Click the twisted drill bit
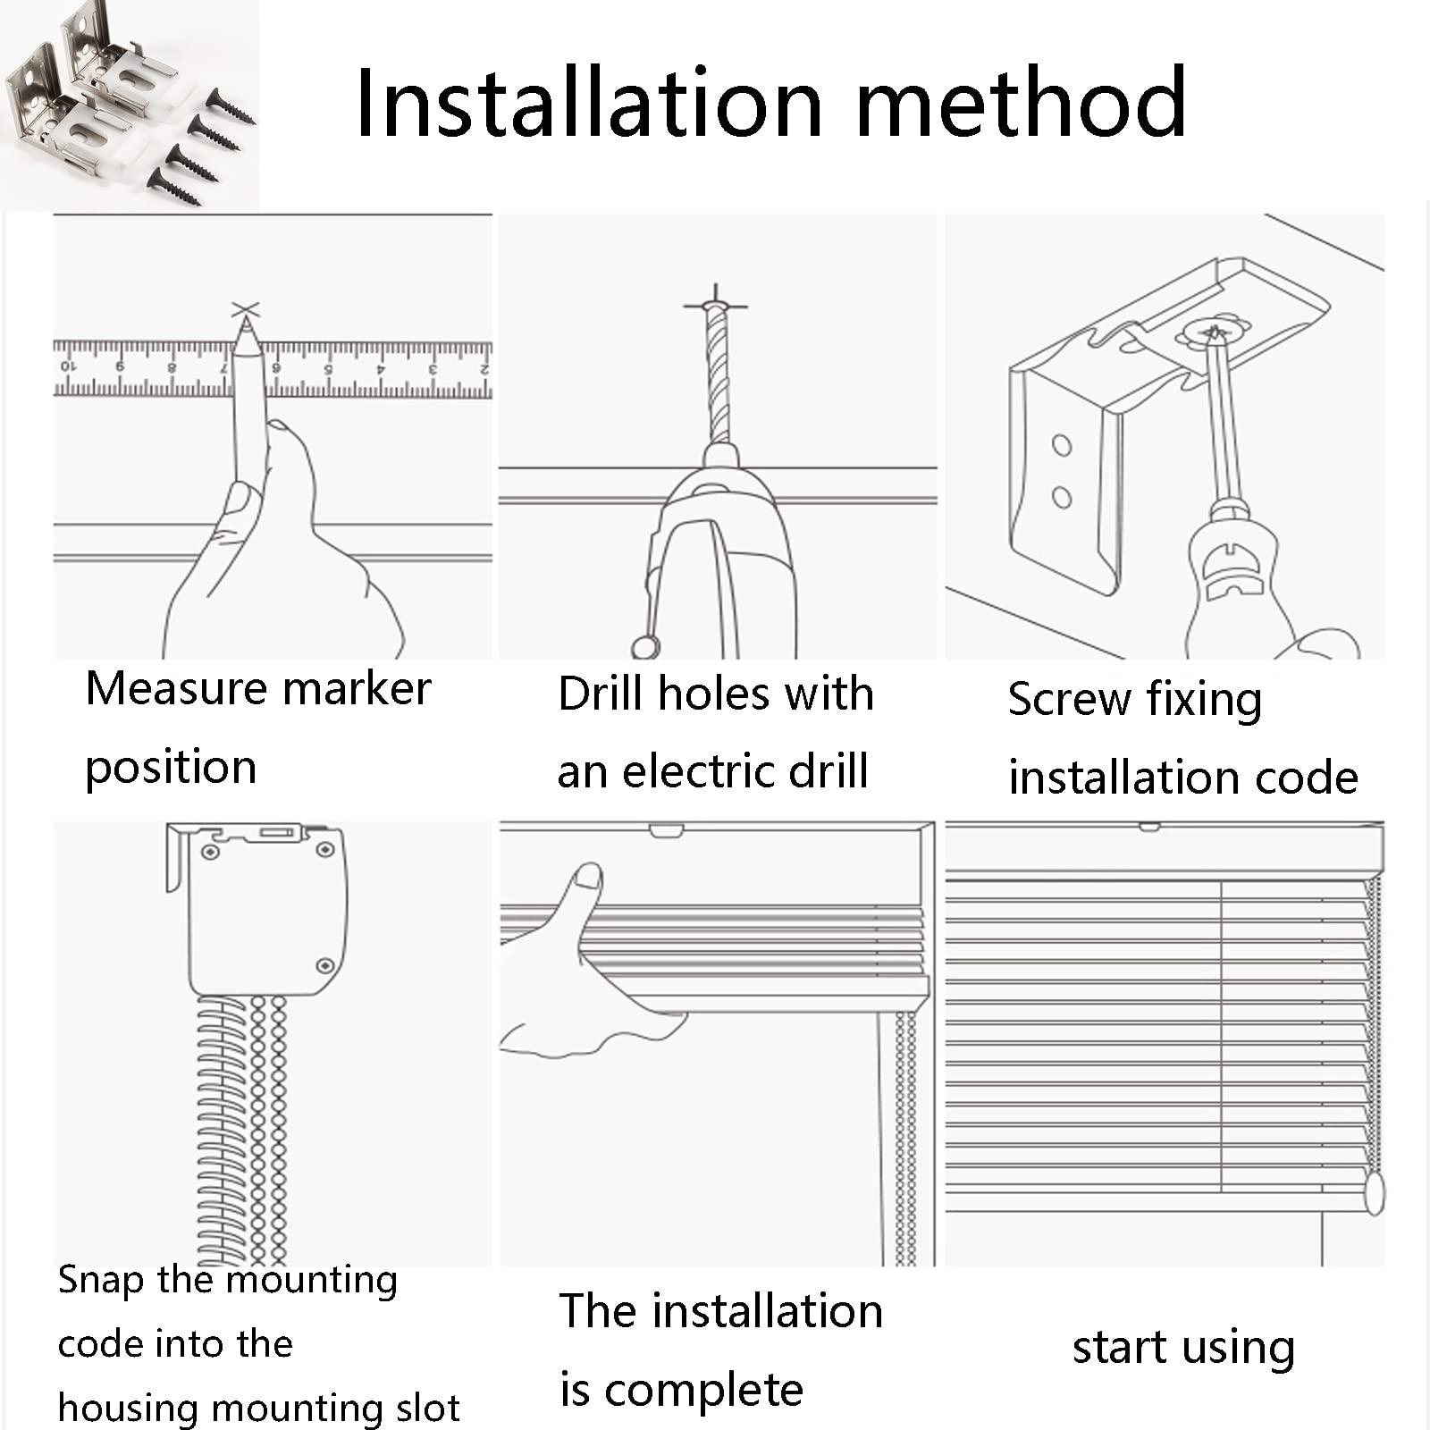pos(718,375)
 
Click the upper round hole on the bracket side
pos(1062,444)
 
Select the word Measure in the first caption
pos(176,689)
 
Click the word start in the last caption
pos(1123,1348)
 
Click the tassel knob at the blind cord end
pos(1375,1192)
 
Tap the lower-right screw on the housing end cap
pos(325,966)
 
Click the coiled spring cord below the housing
pos(220,1131)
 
